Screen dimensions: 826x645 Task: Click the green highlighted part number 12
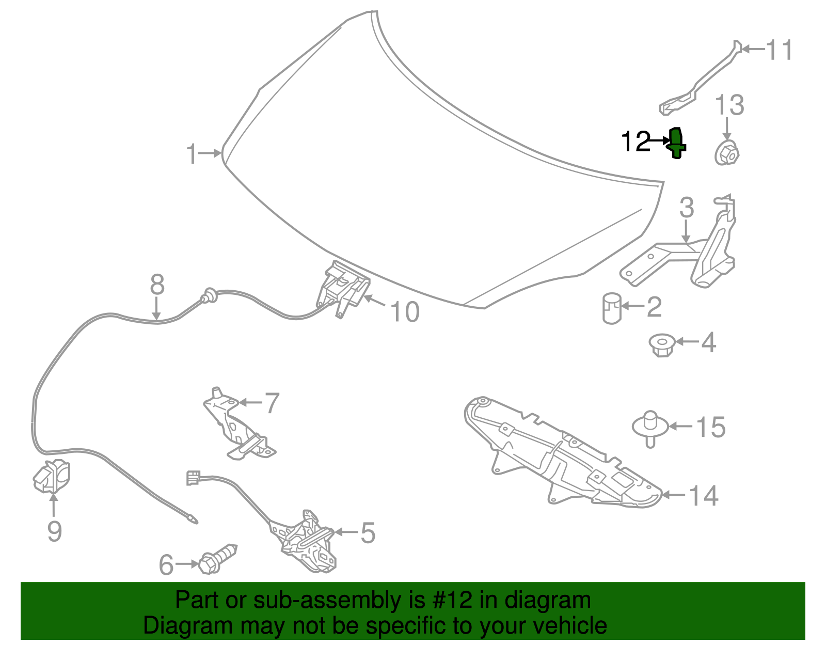[x=677, y=143]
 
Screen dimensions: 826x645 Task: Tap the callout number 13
[x=729, y=105]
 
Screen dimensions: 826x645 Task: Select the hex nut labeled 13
[x=727, y=153]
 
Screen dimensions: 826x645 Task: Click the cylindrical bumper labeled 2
[x=612, y=308]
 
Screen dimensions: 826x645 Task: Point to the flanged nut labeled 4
[x=662, y=345]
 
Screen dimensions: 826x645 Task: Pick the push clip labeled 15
[x=650, y=428]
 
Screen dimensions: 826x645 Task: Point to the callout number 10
[x=405, y=312]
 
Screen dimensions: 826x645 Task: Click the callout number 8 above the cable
[x=157, y=284]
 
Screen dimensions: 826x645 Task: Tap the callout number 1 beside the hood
[x=192, y=153]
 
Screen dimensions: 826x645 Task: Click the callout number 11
[x=779, y=50]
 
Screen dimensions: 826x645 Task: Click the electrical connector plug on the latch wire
[x=193, y=478]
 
